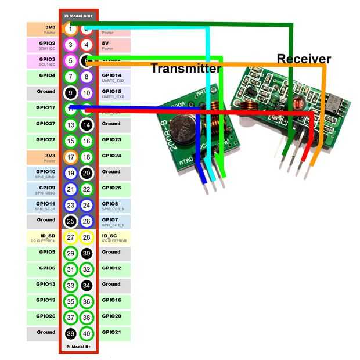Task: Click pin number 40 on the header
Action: click(x=87, y=334)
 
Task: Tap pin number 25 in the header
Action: click(x=70, y=221)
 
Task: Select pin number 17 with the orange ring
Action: click(x=70, y=157)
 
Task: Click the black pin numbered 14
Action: click(x=87, y=125)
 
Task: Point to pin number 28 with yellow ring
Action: click(x=87, y=237)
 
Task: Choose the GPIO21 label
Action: click(x=111, y=332)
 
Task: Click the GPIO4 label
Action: click(x=47, y=75)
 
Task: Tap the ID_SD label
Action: click(x=47, y=237)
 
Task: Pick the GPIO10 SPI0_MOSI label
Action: click(x=47, y=174)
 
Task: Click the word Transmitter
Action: click(x=186, y=69)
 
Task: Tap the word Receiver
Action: click(x=304, y=59)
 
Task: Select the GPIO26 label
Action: click(x=47, y=316)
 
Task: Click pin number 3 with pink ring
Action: click(x=70, y=45)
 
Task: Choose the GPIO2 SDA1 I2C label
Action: click(x=47, y=45)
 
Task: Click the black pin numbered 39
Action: click(x=70, y=334)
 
